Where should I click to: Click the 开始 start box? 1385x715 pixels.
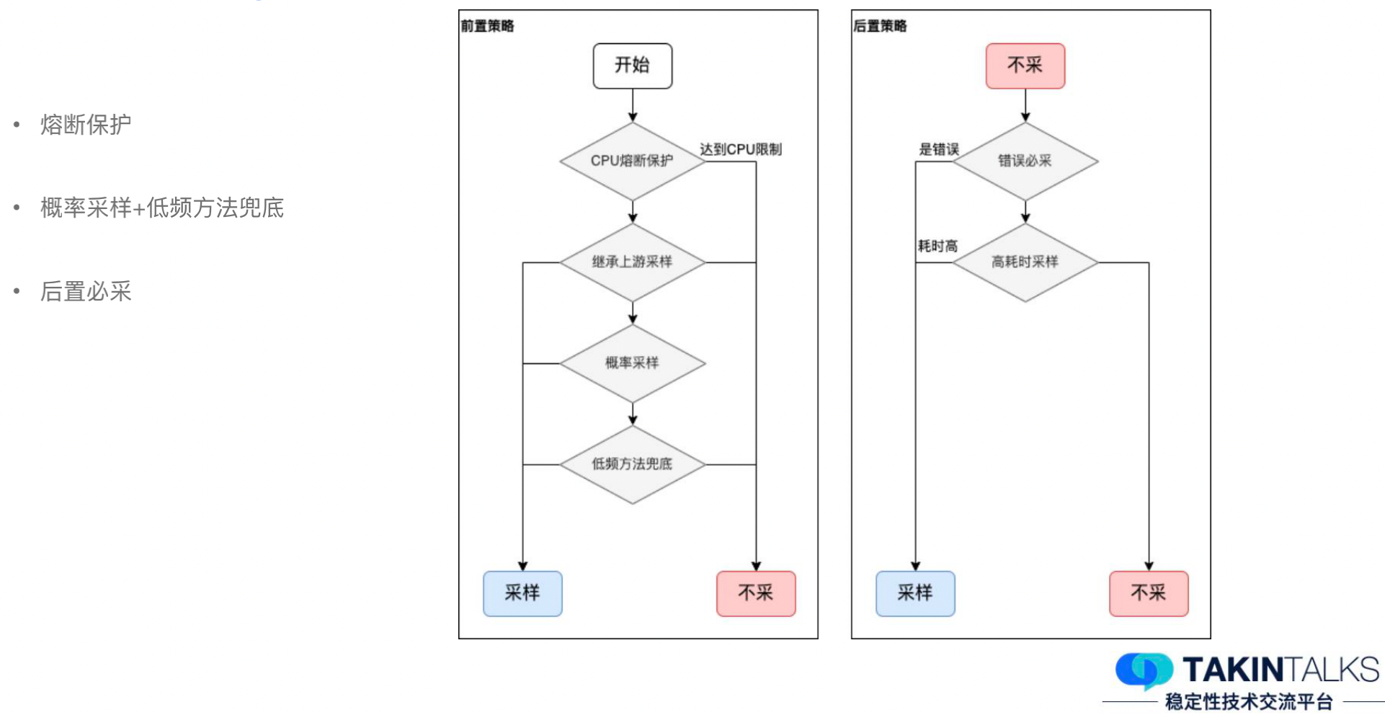point(632,66)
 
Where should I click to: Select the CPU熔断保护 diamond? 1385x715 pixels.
point(632,161)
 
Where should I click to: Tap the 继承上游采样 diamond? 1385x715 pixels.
point(632,262)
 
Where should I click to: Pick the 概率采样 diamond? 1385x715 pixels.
point(632,363)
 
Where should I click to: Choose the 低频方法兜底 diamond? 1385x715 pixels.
point(632,464)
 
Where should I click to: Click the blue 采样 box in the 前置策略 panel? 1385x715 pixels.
point(522,593)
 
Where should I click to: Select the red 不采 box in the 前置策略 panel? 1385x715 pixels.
point(756,593)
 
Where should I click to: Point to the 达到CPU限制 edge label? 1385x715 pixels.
point(741,149)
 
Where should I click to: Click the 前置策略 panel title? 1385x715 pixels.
point(488,26)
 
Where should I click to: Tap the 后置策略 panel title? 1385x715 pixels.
point(880,26)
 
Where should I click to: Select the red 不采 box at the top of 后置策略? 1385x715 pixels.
point(1025,66)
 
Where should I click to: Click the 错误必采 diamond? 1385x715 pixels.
point(1025,161)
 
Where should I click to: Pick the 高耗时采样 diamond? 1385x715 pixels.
point(1025,262)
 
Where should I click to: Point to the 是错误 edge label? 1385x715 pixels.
point(938,149)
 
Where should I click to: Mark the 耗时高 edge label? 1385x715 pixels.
point(938,246)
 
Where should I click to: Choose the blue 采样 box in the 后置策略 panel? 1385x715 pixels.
point(915,593)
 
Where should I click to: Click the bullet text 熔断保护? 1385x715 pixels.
point(86,125)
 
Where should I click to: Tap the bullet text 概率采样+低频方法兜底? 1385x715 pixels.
point(162,208)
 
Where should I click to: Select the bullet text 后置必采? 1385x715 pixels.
point(86,291)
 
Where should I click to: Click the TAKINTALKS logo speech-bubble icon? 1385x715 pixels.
point(1144,670)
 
